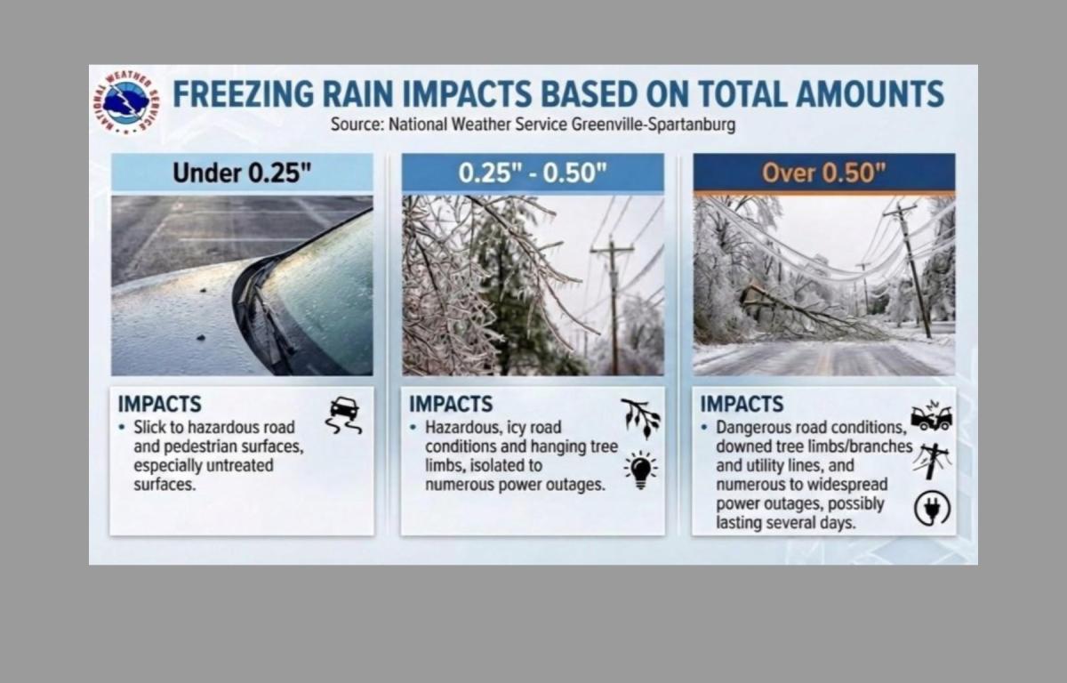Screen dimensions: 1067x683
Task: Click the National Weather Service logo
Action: [126, 102]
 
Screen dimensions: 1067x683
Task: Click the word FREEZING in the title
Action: [244, 94]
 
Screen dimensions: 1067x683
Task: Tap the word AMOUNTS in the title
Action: [870, 94]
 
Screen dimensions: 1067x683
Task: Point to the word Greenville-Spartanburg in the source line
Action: [653, 125]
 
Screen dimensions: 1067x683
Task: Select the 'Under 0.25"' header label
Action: [242, 173]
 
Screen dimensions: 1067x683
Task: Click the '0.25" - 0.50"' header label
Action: [533, 173]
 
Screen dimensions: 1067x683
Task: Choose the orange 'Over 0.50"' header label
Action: [823, 173]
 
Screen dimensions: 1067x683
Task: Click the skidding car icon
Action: [344, 414]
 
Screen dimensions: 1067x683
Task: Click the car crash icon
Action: [932, 416]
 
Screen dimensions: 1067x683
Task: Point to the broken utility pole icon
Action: [932, 461]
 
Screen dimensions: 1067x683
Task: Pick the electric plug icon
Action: [932, 508]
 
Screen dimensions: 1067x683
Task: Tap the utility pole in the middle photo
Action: [613, 305]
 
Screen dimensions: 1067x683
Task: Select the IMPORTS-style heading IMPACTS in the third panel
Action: [742, 405]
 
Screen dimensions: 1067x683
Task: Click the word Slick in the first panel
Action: [151, 427]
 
